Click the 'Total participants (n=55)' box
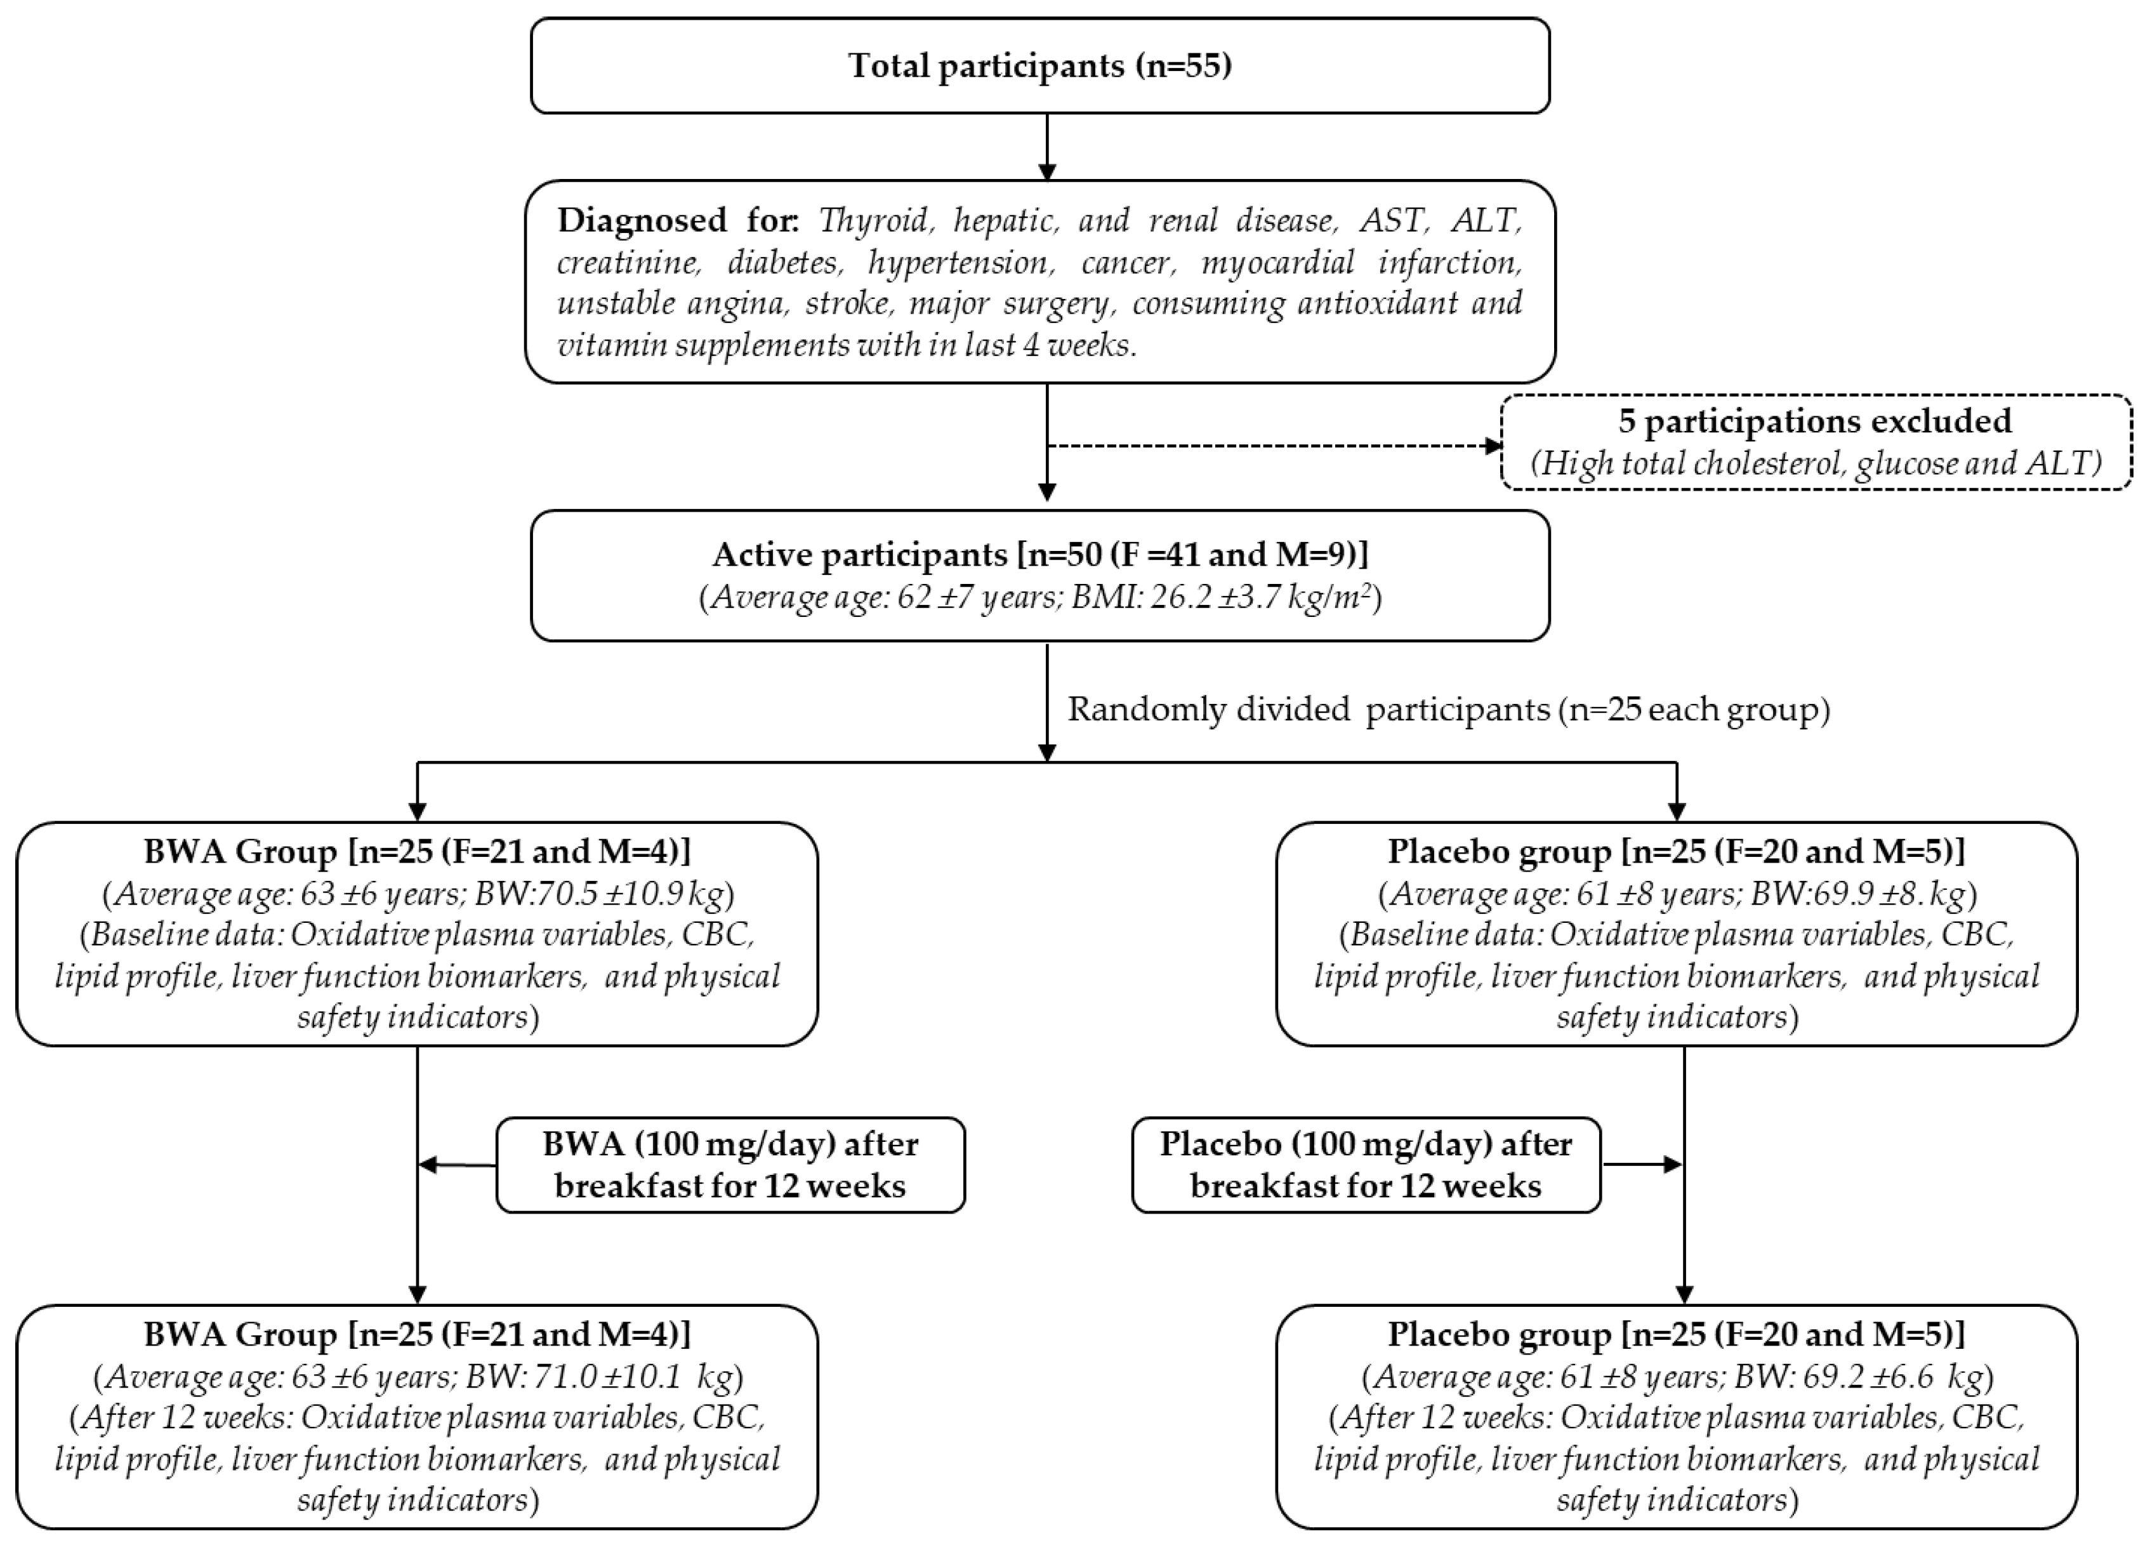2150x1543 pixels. [1040, 65]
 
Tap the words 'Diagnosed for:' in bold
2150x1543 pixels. [677, 220]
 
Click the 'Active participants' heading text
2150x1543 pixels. [1040, 554]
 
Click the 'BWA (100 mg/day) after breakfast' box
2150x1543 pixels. [730, 1165]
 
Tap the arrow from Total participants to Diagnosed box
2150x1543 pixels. [1046, 147]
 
